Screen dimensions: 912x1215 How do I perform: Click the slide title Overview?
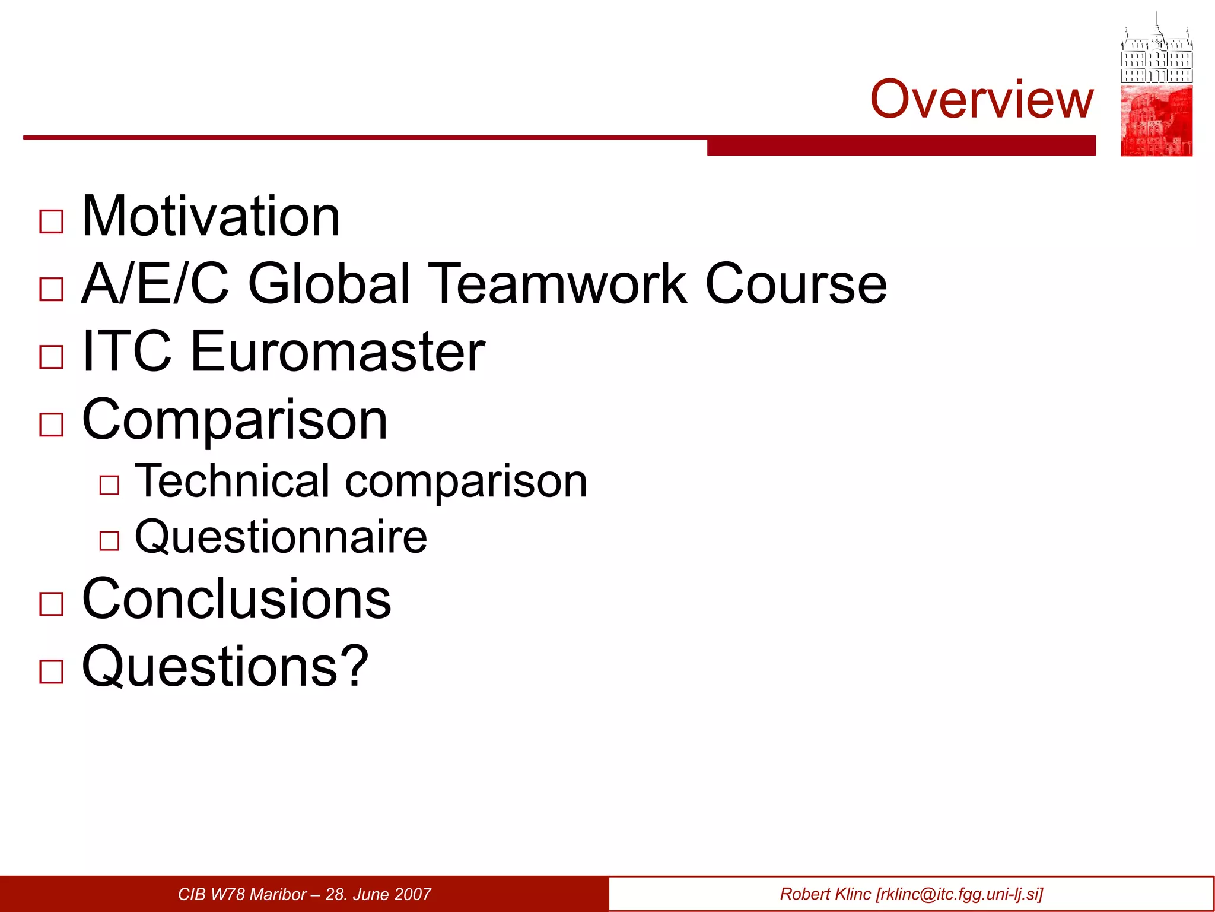[x=981, y=99]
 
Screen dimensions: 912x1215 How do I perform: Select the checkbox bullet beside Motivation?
[x=52, y=222]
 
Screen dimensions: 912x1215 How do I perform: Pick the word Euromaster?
[x=338, y=351]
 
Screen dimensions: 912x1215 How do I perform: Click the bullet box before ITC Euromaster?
[x=52, y=357]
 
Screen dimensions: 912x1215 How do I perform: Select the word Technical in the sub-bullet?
[x=232, y=480]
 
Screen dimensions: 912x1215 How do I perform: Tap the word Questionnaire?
[x=281, y=537]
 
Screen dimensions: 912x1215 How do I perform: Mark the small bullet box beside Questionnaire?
[x=110, y=541]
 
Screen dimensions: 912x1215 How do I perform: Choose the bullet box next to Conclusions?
[x=52, y=604]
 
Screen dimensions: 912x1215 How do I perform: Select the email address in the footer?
[x=959, y=894]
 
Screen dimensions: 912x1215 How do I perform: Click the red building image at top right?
[x=1156, y=121]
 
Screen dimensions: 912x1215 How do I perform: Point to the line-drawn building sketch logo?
[x=1156, y=50]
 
